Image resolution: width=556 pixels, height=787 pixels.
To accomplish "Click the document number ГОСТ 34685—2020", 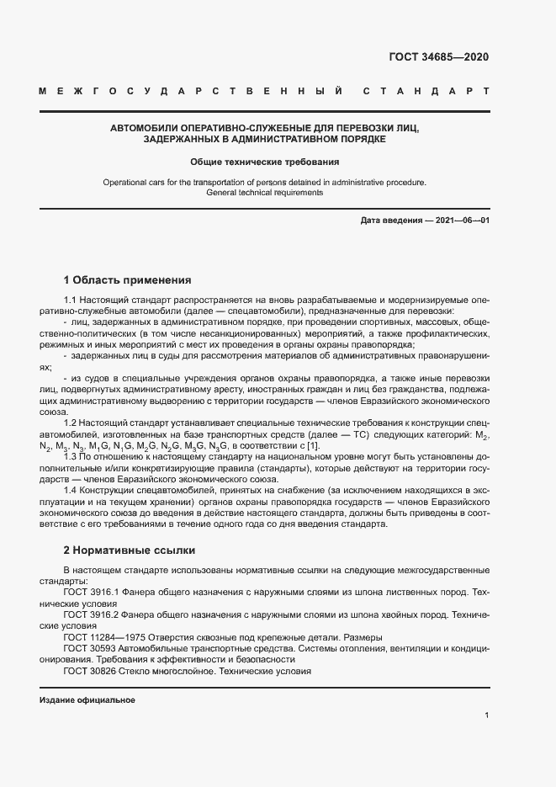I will pyautogui.click(x=437, y=57).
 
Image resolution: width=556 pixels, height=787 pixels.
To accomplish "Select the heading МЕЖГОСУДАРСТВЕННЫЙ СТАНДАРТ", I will pyautogui.click(x=263, y=90).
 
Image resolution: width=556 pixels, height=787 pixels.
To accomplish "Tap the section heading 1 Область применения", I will pyautogui.click(x=128, y=279).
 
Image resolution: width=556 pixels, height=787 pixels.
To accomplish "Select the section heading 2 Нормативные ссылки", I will pyautogui.click(x=130, y=550).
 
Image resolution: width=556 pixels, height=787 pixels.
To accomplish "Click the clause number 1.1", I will pyautogui.click(x=71, y=300).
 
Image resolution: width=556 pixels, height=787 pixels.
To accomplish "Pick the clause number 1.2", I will pyautogui.click(x=71, y=423).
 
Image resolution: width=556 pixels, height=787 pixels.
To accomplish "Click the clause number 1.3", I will pyautogui.click(x=71, y=455).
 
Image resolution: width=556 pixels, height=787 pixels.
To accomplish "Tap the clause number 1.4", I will pyautogui.click(x=71, y=489).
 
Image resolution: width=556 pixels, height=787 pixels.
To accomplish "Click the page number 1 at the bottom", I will pyautogui.click(x=487, y=715).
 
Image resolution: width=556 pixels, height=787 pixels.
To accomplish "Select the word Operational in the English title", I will pyautogui.click(x=124, y=182).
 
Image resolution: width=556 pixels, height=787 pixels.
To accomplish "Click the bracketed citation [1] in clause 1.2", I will pyautogui.click(x=314, y=444).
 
